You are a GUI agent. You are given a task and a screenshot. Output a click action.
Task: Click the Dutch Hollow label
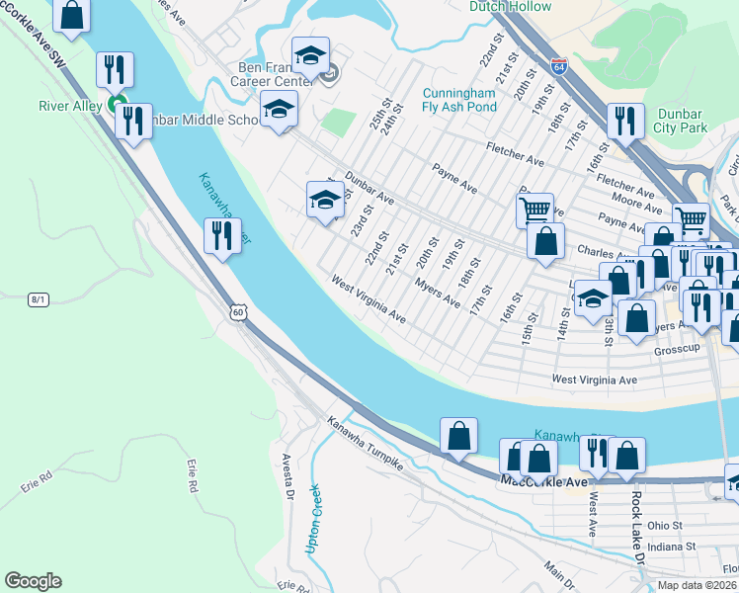point(509,6)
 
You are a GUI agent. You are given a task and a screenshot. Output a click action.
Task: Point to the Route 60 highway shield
point(236,312)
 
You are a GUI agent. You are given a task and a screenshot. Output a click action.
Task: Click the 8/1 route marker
point(39,298)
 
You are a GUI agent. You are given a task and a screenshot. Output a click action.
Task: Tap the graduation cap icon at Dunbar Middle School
point(279,109)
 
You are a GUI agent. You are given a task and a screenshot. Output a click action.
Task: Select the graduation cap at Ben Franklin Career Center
point(309,54)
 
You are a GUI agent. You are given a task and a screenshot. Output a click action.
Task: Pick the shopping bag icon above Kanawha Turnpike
point(459,435)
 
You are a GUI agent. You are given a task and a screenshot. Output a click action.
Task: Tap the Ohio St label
point(665,526)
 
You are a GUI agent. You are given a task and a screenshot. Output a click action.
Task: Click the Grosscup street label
point(676,351)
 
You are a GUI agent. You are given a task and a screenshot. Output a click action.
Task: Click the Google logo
point(33,581)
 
